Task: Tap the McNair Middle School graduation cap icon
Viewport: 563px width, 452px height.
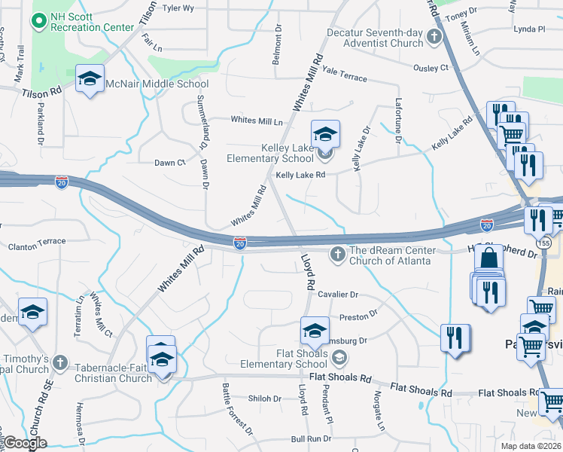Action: tap(90, 80)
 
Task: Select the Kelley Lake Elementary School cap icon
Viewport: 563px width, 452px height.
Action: tap(325, 135)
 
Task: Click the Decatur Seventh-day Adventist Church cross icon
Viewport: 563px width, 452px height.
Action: tap(434, 36)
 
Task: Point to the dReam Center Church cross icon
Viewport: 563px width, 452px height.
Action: tap(338, 256)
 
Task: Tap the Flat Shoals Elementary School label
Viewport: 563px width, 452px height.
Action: tap(291, 359)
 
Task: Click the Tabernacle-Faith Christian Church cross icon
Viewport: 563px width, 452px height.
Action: tap(60, 363)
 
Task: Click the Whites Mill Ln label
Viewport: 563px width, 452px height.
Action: tap(257, 121)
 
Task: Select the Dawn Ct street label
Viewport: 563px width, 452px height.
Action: tap(169, 163)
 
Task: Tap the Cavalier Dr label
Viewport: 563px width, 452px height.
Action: tap(338, 295)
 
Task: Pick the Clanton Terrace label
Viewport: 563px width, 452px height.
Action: tap(37, 246)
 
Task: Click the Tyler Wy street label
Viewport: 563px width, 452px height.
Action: tap(178, 9)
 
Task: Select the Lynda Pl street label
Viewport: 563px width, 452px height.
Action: tap(528, 29)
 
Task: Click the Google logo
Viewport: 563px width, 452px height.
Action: tap(26, 443)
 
